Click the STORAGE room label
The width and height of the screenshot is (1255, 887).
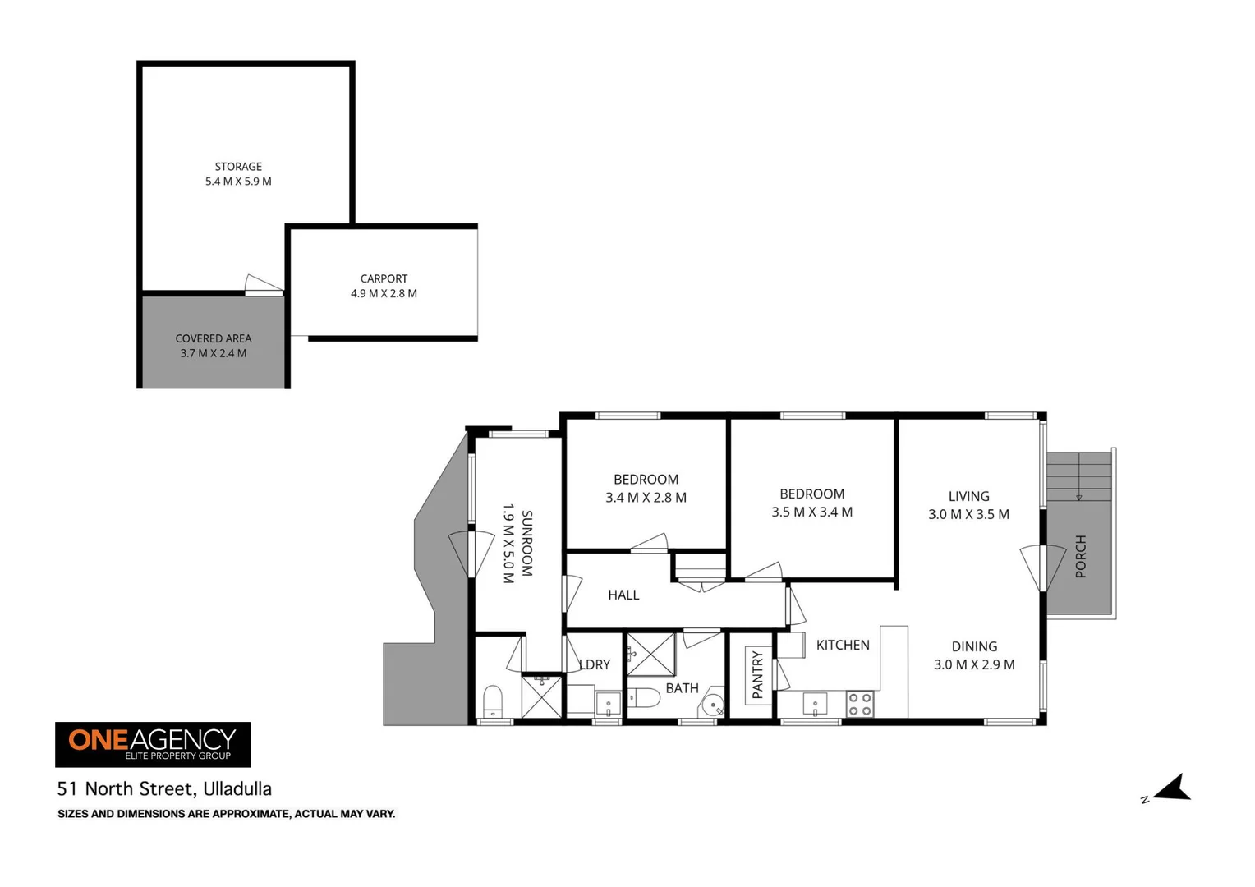click(238, 167)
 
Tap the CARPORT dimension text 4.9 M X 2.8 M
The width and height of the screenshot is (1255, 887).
click(384, 293)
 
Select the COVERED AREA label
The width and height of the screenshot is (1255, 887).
click(214, 338)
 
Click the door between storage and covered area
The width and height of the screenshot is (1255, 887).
click(264, 284)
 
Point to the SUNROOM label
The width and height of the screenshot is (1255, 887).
click(526, 543)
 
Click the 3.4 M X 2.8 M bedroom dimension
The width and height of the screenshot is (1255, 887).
click(646, 498)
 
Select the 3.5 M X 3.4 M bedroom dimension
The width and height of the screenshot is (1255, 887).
click(811, 512)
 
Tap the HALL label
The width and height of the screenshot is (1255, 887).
click(623, 595)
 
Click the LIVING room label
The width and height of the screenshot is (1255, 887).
click(968, 496)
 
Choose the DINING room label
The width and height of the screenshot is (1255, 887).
click(974, 647)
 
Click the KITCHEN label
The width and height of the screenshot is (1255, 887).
click(843, 646)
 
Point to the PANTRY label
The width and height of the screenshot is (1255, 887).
click(756, 675)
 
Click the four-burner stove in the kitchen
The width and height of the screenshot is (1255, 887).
click(860, 704)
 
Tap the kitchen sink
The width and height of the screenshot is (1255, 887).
click(814, 704)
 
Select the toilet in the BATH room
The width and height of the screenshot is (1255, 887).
click(644, 698)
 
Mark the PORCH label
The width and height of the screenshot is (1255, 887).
click(1080, 557)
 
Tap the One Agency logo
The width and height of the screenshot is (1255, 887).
click(153, 744)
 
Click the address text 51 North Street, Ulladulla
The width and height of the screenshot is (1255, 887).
click(164, 789)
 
